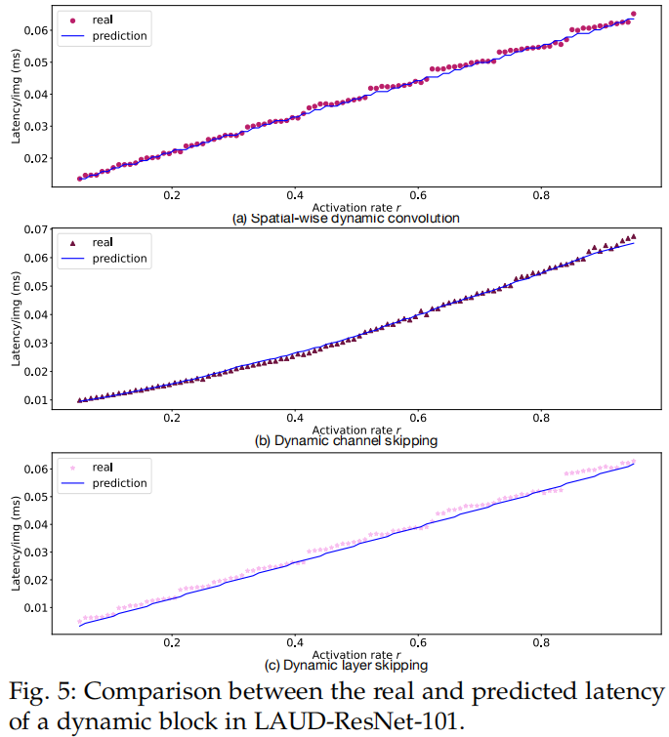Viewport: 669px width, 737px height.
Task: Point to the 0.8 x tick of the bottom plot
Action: coord(540,643)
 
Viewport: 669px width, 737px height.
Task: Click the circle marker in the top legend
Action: coord(72,19)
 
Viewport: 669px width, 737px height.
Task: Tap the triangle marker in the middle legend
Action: coord(72,242)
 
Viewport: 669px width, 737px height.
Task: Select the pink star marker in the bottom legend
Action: coord(72,468)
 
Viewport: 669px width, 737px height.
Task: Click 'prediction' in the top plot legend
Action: coord(119,36)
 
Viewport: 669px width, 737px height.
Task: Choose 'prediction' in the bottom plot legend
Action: coord(119,483)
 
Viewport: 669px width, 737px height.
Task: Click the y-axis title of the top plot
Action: coord(16,95)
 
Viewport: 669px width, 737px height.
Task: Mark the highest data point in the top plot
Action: coord(633,15)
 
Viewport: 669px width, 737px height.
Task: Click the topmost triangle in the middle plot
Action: coord(633,236)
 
